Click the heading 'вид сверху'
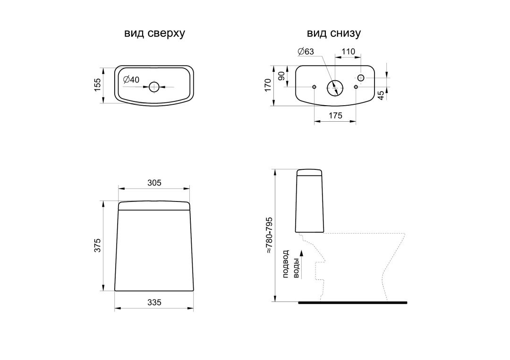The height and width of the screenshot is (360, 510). pos(154,33)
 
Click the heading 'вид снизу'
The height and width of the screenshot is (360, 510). pos(334,33)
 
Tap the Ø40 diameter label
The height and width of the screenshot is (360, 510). pos(131,80)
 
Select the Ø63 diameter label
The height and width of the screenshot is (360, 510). pos(306,51)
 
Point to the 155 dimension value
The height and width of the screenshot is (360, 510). pos(98,85)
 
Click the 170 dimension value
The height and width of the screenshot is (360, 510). pos(268,85)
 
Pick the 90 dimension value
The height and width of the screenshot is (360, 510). pos(281,76)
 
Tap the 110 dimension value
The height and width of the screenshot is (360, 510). pos(348,51)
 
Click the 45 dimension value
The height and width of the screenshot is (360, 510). pos(381,95)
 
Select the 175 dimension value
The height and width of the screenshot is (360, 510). pos(335,115)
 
